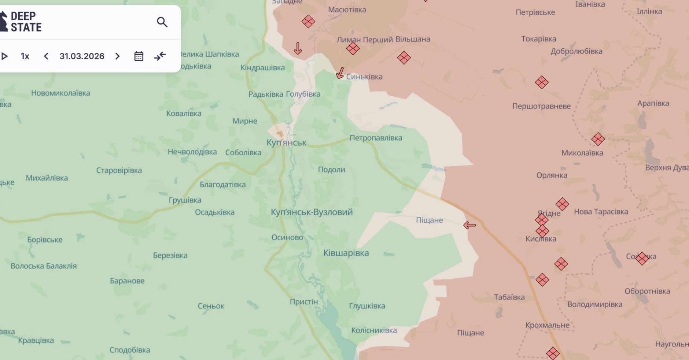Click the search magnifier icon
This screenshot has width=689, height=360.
tap(162, 22)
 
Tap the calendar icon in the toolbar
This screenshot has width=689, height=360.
tap(139, 56)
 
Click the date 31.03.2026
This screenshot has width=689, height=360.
tap(82, 56)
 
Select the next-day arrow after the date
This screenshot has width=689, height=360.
tap(117, 56)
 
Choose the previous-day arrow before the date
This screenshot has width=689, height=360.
tap(46, 56)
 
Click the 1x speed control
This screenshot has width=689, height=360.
tap(25, 56)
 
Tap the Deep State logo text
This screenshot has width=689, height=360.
tap(26, 22)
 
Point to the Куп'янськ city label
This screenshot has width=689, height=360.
tap(286, 142)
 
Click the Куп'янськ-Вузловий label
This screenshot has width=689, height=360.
tap(312, 212)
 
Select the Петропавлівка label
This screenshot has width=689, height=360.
tap(376, 138)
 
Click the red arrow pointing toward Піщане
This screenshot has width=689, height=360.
tap(469, 225)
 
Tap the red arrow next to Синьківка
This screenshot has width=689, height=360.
tap(340, 73)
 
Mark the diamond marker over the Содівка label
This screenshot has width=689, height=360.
tap(642, 259)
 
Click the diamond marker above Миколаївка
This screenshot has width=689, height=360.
tap(598, 139)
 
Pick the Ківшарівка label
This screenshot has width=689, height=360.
tap(346, 253)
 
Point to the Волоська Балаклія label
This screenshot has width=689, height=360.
tap(44, 266)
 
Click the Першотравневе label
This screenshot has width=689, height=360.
tap(541, 107)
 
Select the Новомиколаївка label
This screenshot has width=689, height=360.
tap(60, 93)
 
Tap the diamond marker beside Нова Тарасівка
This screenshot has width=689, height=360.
tap(562, 204)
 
